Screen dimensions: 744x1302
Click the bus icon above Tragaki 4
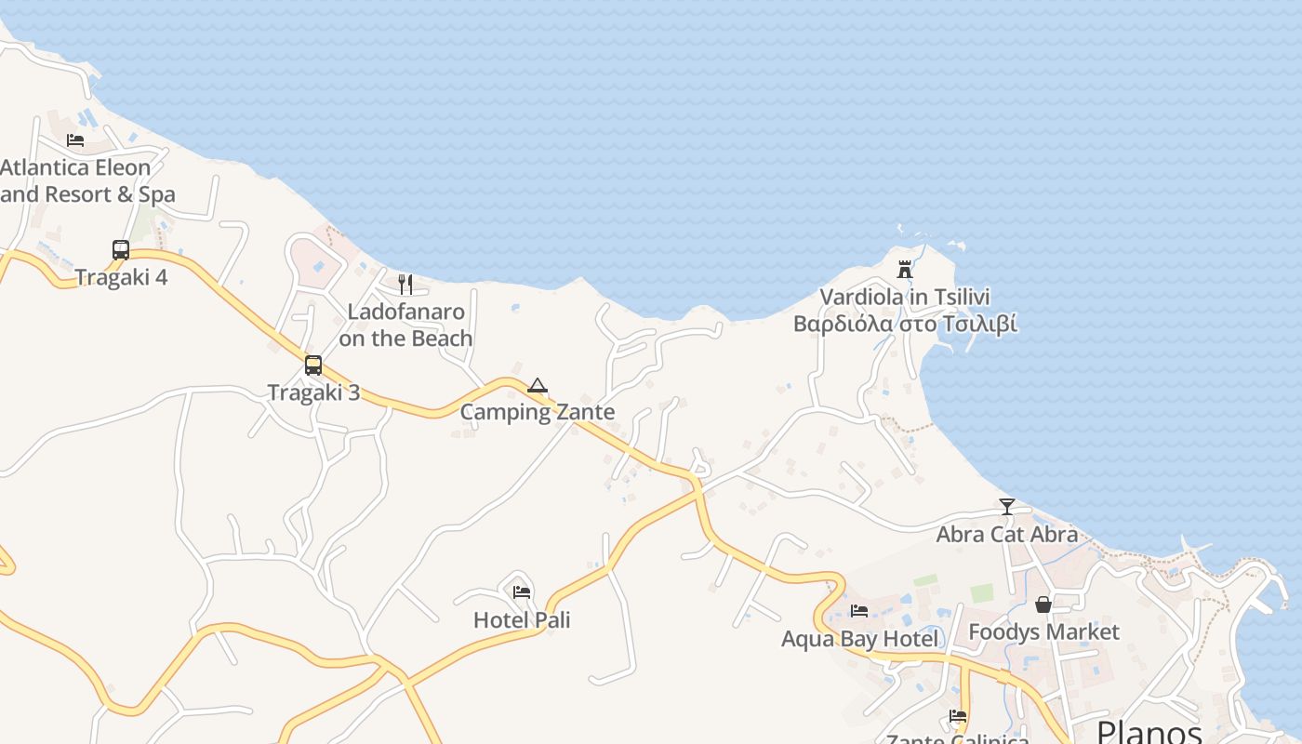121,250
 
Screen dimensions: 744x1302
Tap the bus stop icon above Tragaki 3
313,365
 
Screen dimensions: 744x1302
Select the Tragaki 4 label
121,277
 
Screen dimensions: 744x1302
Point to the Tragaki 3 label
313,392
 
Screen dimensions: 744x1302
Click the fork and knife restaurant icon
405,285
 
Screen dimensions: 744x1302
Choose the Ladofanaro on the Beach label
405,325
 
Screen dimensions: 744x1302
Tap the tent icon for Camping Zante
538,385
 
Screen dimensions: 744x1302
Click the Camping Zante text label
538,412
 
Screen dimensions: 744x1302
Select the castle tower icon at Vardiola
905,270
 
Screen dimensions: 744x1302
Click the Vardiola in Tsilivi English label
905,297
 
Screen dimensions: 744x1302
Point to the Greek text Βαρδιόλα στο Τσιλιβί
905,324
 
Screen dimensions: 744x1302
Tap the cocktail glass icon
1007,507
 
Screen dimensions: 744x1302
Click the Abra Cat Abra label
1007,534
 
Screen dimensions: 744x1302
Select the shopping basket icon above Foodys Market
1043,604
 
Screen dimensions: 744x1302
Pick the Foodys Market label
1043,632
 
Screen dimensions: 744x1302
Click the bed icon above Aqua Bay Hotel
859,611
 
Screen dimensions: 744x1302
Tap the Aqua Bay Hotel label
859,639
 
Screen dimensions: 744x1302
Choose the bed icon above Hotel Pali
522,591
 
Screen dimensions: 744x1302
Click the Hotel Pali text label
522,619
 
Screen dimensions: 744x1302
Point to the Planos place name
1149,731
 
